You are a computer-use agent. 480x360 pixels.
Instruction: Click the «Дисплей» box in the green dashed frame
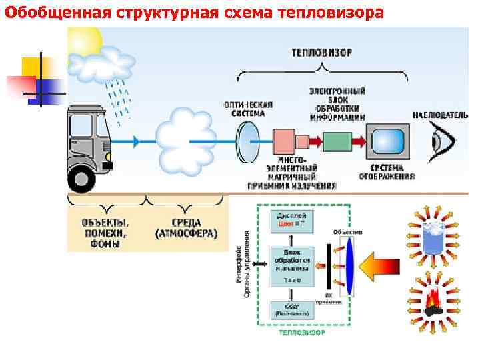291,221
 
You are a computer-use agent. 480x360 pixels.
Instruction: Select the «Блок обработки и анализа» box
291,262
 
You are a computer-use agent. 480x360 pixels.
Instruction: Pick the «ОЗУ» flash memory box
291,309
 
